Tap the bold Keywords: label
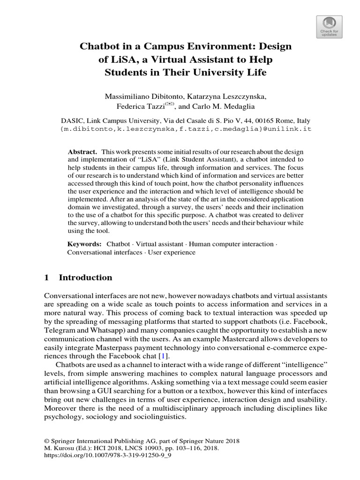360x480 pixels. (x=85, y=244)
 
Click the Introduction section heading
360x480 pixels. (x=85, y=277)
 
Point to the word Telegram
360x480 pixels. (x=59, y=330)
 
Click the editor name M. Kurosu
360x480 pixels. (x=59, y=448)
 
